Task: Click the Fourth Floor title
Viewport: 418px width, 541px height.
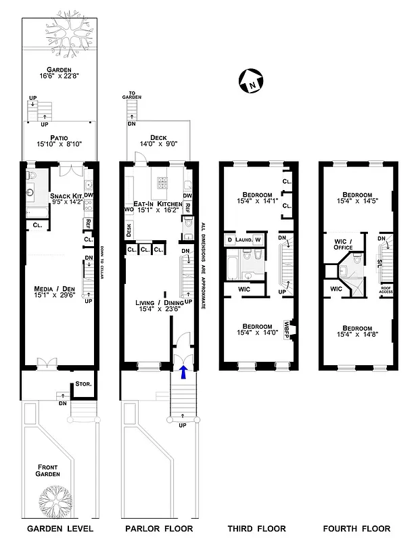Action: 356,528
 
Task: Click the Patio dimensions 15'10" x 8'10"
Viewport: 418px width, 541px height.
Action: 58,143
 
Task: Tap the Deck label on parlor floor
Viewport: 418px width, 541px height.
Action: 158,138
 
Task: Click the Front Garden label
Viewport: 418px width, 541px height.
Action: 48,471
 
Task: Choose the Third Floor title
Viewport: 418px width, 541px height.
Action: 257,528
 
